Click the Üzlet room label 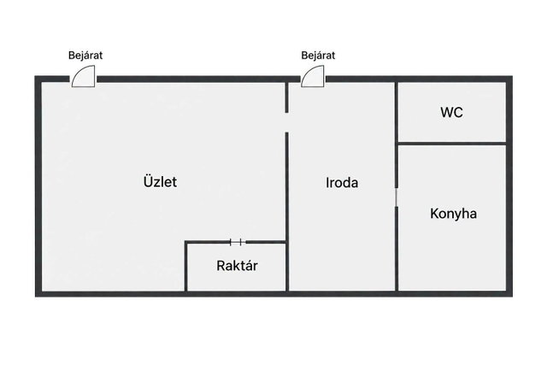pyautogui.click(x=160, y=181)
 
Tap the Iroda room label pyautogui.click(x=342, y=183)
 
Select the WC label pyautogui.click(x=452, y=112)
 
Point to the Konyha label pyautogui.click(x=454, y=214)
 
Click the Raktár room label pyautogui.click(x=238, y=266)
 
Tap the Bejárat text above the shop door pyautogui.click(x=85, y=56)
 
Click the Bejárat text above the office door pyautogui.click(x=318, y=56)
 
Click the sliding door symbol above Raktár pyautogui.click(x=238, y=242)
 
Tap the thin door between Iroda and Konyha pyautogui.click(x=397, y=197)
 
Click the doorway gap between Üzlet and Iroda pyautogui.click(x=287, y=122)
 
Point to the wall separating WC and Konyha pyautogui.click(x=452, y=143)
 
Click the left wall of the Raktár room pyautogui.click(x=186, y=266)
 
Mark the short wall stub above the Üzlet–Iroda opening pyautogui.click(x=287, y=97)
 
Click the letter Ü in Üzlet pyautogui.click(x=148, y=181)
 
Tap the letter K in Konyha pyautogui.click(x=434, y=214)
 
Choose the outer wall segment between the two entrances pyautogui.click(x=198, y=79)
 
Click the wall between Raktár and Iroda pyautogui.click(x=287, y=266)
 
